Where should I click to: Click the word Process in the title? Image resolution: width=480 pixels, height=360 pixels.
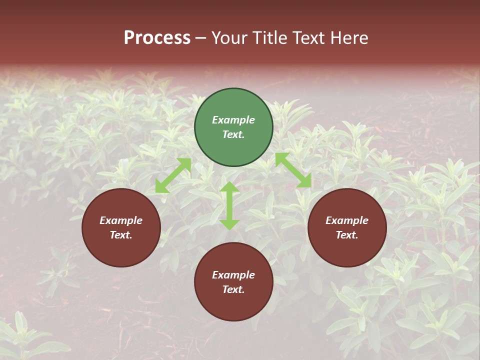(x=157, y=38)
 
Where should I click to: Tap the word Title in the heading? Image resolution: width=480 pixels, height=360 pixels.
(x=268, y=38)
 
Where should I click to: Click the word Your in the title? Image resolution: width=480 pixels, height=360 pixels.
(x=230, y=38)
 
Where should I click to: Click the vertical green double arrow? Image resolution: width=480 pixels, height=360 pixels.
(x=229, y=205)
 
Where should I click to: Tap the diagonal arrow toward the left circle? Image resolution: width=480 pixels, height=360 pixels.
(x=173, y=175)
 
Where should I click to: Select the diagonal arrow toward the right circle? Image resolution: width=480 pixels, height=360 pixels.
(x=293, y=170)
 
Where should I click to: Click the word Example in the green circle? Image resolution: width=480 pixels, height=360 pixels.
(x=233, y=120)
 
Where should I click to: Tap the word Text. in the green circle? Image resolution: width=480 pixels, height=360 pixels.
(x=233, y=134)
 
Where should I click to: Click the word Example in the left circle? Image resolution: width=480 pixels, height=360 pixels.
(x=121, y=220)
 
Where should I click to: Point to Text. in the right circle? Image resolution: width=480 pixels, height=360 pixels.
(x=347, y=235)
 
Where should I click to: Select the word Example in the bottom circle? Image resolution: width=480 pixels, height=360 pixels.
(x=233, y=275)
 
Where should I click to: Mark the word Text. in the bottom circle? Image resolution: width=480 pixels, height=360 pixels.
(x=233, y=289)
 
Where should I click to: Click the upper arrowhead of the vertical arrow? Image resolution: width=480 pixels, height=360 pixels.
(x=229, y=187)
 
